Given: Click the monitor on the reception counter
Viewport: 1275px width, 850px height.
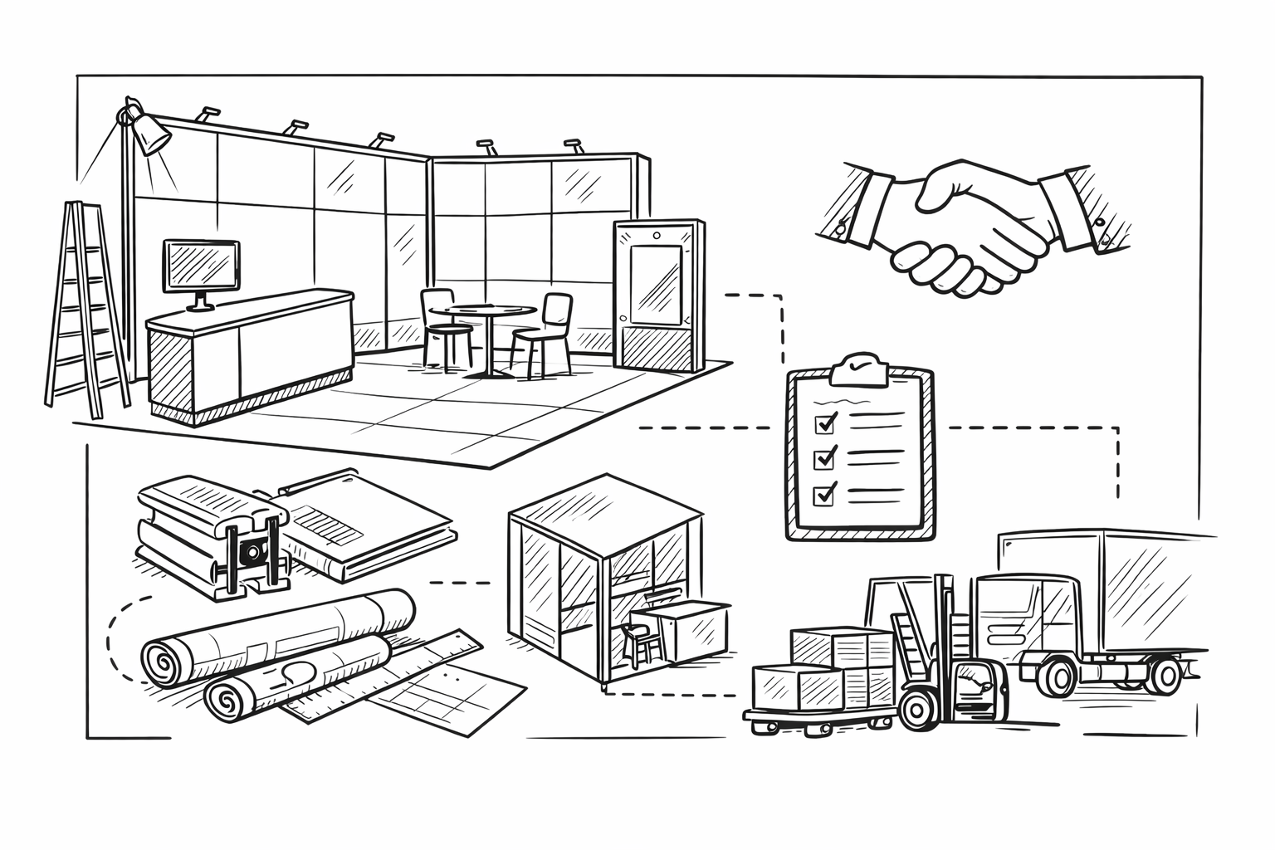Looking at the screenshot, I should [x=202, y=266].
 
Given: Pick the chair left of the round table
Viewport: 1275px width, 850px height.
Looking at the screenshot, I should [x=442, y=324].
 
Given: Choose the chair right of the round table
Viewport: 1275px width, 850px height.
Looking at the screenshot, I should [x=546, y=328].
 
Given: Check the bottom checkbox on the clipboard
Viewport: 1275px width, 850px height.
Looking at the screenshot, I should [x=825, y=494].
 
